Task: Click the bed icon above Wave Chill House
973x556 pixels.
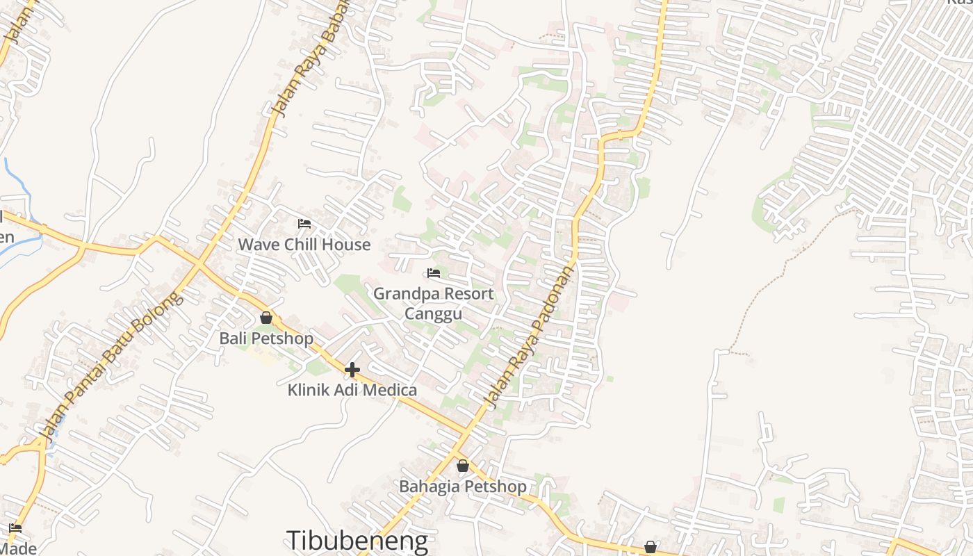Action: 304,224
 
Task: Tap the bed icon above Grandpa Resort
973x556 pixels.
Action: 434,272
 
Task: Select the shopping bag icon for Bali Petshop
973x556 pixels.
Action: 265,318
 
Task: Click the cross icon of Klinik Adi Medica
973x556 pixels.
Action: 352,369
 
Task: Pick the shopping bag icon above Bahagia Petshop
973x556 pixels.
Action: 462,466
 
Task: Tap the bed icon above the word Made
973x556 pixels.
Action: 15,528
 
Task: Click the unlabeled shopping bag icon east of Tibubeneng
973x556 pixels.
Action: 651,547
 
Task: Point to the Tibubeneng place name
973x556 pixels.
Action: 357,541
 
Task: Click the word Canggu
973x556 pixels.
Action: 433,313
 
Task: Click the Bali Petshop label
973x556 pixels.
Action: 266,338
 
